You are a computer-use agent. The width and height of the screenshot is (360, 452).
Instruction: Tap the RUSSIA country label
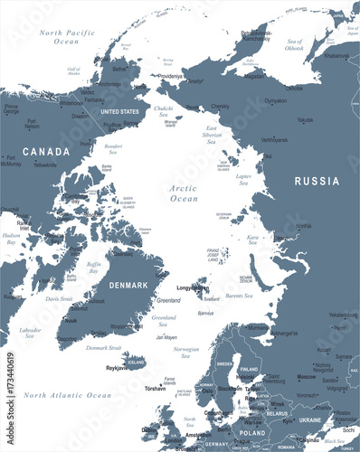pos(316,181)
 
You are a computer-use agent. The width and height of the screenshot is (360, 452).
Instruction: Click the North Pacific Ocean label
pos(66,36)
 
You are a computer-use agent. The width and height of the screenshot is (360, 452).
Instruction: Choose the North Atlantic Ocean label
pos(68,395)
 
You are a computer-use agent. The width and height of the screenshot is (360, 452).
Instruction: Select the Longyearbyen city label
pos(193,288)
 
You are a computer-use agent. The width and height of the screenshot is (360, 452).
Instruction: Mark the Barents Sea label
pos(239,295)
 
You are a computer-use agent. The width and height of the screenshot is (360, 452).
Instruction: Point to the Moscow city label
pos(306,377)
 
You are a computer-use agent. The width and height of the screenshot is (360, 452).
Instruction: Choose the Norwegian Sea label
pos(185,351)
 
